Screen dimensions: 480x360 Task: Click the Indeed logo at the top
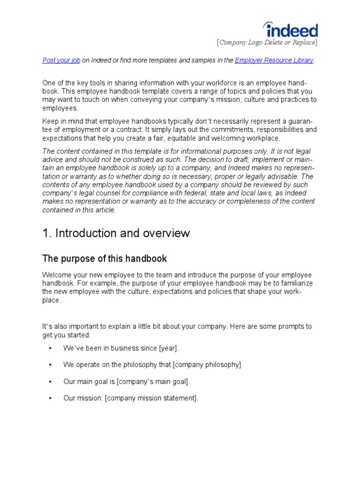click(291, 30)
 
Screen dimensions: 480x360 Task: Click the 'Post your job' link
click(61, 60)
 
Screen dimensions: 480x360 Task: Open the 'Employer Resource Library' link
click(274, 60)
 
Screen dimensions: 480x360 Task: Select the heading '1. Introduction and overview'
click(116, 233)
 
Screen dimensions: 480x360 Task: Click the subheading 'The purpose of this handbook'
click(104, 259)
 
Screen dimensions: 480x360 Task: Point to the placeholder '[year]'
click(169, 348)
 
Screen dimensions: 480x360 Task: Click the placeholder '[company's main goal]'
click(153, 382)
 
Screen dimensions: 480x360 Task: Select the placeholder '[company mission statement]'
click(151, 398)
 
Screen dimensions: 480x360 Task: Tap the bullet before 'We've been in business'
click(50, 349)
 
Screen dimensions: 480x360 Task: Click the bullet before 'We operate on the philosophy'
click(50, 365)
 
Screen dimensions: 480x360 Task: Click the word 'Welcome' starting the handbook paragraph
click(56, 275)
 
